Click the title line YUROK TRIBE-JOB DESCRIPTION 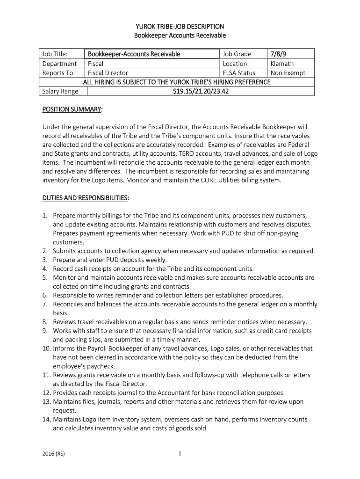coord(180,26)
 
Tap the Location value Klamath coord(282,64)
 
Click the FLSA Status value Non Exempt coord(288,73)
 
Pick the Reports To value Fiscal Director coord(108,73)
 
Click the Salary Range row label coord(60,91)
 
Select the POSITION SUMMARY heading coord(72,109)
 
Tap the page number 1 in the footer coord(180,454)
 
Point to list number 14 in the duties coord(47,420)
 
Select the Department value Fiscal coord(95,64)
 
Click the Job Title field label coord(55,54)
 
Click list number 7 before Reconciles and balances coord(45,304)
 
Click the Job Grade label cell coord(237,54)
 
